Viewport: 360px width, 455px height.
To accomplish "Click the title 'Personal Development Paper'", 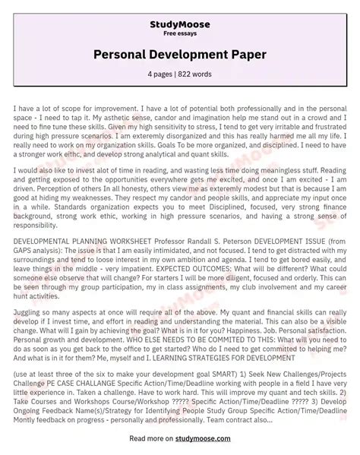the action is point(180,55).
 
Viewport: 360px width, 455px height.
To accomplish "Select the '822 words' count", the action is point(197,74).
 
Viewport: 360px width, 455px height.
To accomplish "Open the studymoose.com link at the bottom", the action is point(220,438).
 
